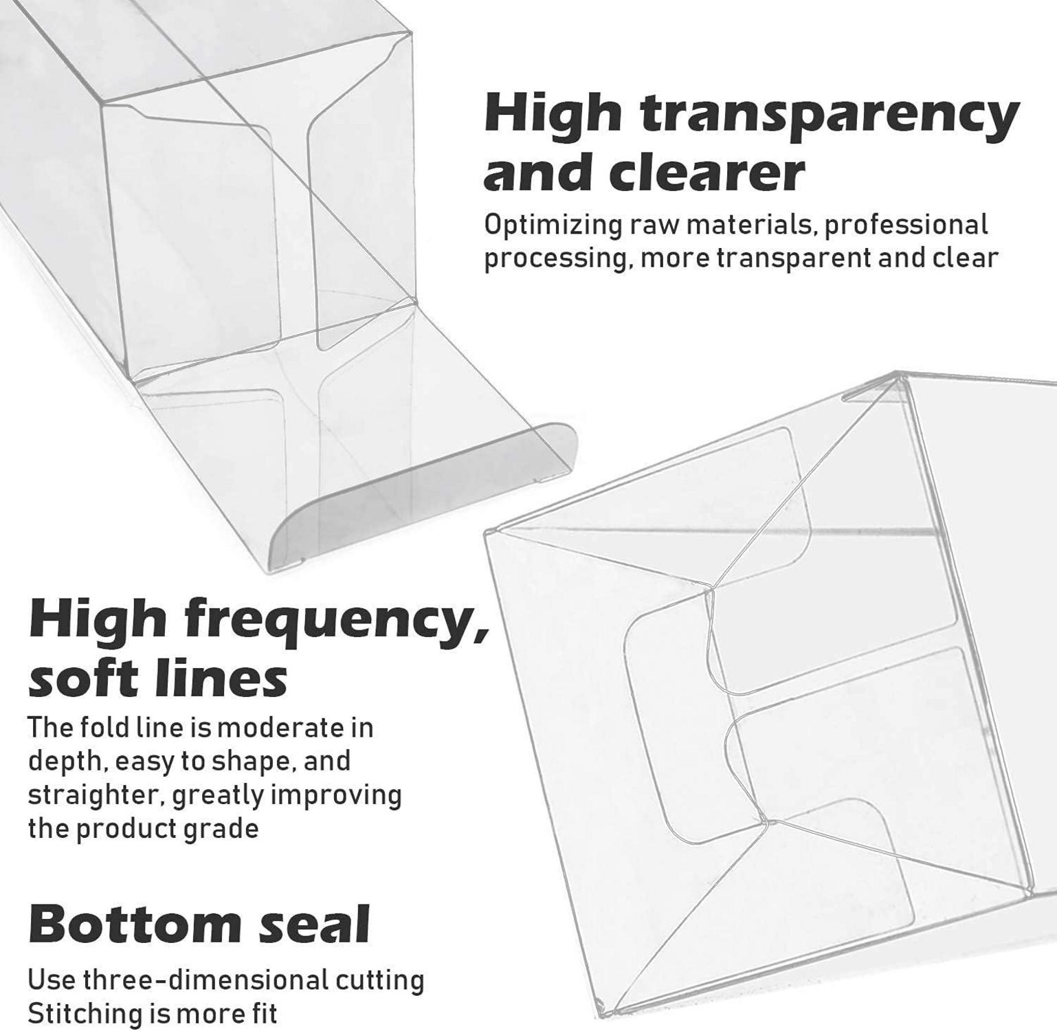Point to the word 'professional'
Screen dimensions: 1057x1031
906,225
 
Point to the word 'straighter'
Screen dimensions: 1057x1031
94,795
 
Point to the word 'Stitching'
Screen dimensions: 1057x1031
86,1015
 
